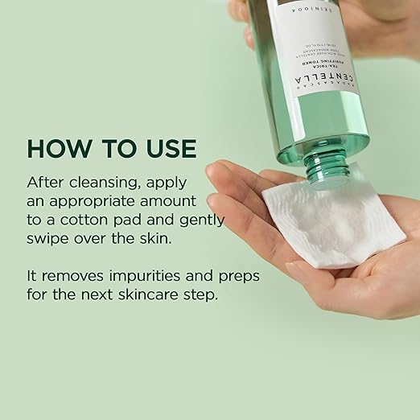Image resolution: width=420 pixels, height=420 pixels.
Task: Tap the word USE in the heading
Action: click(x=167, y=150)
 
